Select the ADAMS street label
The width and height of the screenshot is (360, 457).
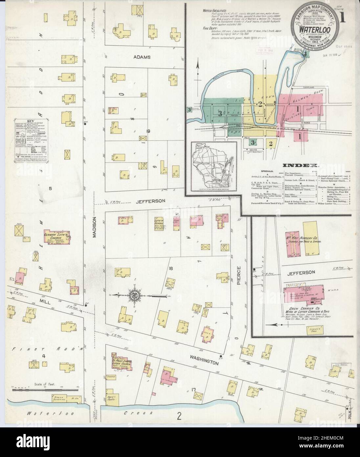click(x=142, y=57)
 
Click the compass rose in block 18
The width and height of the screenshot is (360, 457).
click(x=135, y=295)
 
